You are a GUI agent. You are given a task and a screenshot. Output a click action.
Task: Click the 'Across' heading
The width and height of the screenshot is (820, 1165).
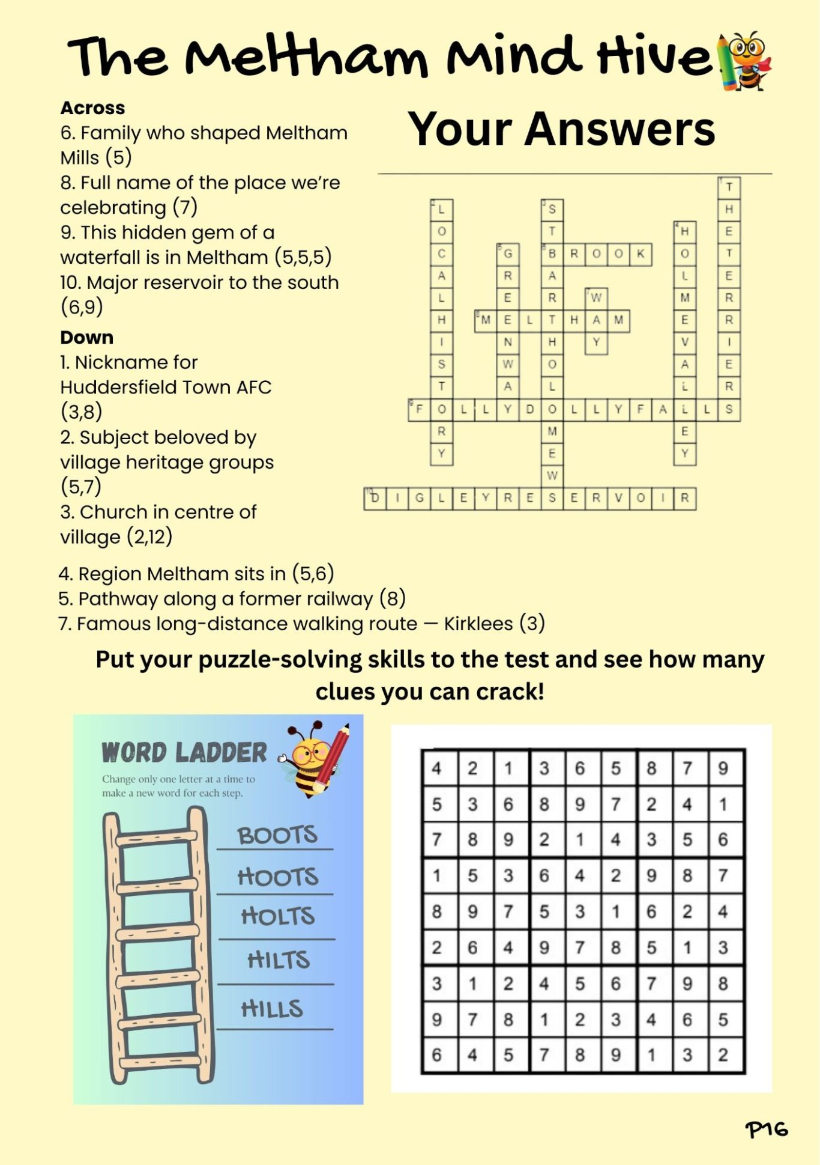click(x=92, y=108)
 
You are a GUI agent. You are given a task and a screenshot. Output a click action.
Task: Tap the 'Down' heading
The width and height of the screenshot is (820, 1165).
click(x=86, y=338)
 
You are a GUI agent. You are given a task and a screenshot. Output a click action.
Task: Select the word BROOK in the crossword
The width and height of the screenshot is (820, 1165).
click(x=596, y=254)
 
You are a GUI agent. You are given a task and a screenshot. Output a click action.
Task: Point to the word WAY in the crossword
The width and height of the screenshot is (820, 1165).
click(x=596, y=320)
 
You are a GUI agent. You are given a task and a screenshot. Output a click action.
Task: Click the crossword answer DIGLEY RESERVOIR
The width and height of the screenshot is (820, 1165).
click(x=529, y=499)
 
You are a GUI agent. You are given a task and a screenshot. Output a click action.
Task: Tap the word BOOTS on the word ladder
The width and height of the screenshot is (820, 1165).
click(x=277, y=835)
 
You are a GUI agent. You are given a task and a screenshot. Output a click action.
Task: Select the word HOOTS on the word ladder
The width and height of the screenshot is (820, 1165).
click(x=277, y=877)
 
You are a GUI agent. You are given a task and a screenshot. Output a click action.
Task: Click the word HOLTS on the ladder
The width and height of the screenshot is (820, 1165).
click(x=277, y=917)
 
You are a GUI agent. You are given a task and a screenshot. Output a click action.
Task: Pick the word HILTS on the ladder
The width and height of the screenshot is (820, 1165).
click(x=279, y=960)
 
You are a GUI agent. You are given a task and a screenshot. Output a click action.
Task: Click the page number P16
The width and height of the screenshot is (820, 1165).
click(x=766, y=1129)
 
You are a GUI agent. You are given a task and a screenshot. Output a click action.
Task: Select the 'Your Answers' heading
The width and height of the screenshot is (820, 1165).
click(x=561, y=129)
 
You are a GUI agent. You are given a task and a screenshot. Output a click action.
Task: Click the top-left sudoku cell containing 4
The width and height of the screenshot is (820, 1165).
click(x=437, y=768)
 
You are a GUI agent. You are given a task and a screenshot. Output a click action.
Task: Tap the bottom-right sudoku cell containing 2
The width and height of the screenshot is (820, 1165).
click(x=723, y=1055)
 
